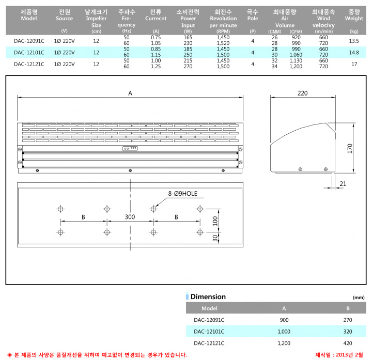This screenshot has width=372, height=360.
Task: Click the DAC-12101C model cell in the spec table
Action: [29, 53]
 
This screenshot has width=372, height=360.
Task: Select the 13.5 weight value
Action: [354, 41]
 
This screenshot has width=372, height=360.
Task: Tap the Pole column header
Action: [253, 15]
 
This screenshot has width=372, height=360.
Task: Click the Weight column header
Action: [354, 15]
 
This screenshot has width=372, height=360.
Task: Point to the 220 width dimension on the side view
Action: [302, 93]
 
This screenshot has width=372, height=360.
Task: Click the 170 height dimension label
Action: [350, 148]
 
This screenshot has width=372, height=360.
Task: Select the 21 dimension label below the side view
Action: [343, 184]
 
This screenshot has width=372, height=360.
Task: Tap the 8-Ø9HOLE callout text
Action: [183, 194]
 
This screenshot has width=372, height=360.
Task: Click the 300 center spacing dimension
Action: [130, 217]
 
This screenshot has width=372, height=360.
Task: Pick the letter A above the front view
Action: [130, 93]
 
